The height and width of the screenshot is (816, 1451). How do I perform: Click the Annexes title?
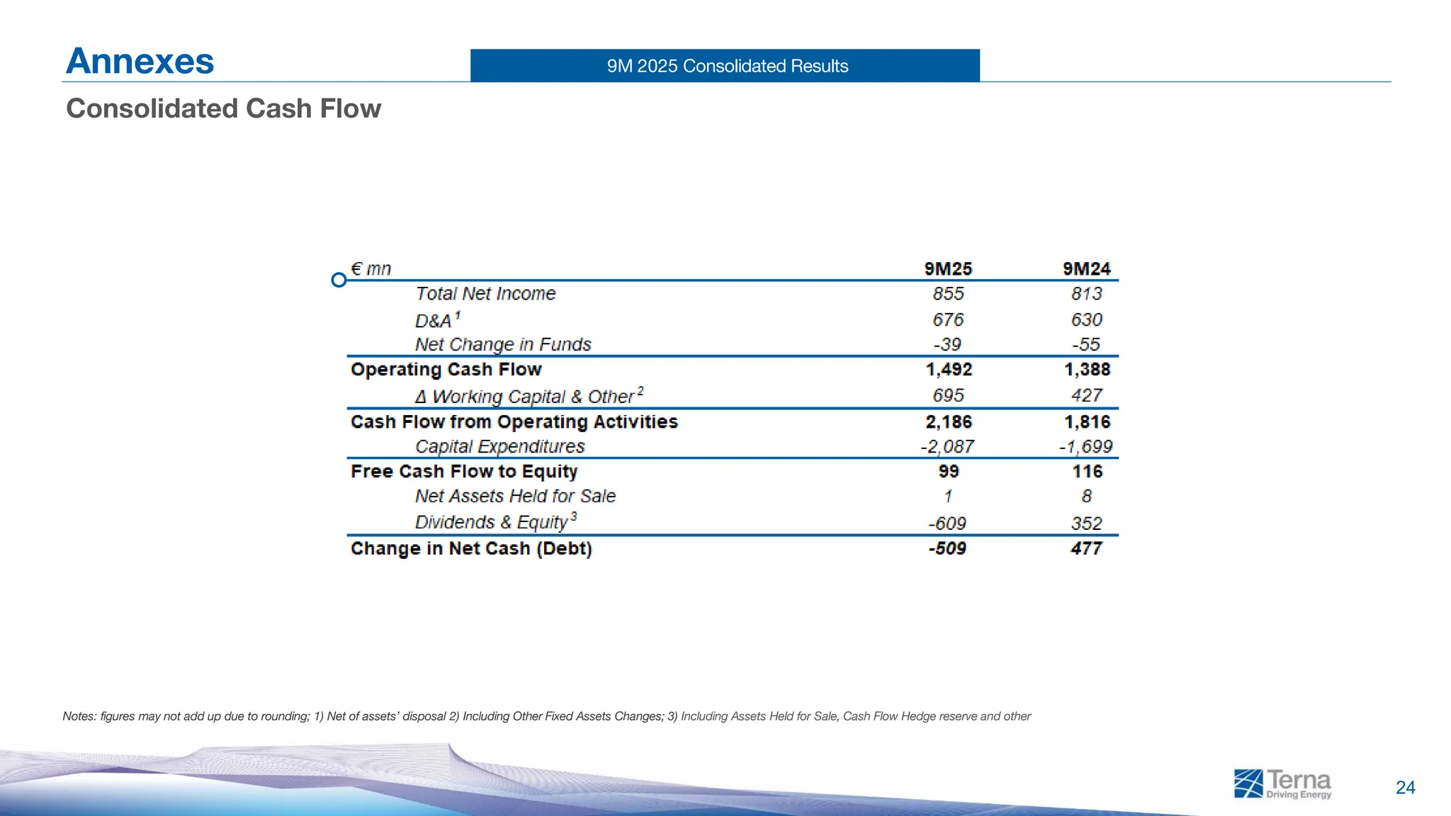[140, 61]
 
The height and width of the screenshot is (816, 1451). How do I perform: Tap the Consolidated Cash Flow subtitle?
[223, 108]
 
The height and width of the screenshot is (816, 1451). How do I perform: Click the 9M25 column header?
[948, 269]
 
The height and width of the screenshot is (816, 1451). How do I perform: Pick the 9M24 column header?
[1086, 269]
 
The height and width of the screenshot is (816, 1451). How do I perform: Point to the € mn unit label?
[371, 269]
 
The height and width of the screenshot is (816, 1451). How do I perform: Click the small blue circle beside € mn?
[339, 280]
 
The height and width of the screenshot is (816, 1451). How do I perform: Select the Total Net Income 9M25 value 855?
[948, 294]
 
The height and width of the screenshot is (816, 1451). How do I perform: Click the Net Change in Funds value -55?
[1086, 345]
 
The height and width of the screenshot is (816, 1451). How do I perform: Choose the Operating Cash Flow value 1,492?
[949, 370]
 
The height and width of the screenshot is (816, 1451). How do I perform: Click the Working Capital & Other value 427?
[1086, 395]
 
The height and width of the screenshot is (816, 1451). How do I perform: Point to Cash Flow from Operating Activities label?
[514, 422]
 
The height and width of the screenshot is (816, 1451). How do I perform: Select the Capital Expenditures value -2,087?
[947, 447]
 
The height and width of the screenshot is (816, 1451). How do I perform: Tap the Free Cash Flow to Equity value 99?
[948, 472]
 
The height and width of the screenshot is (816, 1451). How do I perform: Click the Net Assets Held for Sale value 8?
[1086, 497]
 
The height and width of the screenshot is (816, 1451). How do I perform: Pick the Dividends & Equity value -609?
[947, 523]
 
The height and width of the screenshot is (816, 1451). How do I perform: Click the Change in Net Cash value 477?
[1086, 549]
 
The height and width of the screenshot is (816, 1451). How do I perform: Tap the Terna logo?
[1282, 784]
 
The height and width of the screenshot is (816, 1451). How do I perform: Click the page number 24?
[1405, 788]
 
